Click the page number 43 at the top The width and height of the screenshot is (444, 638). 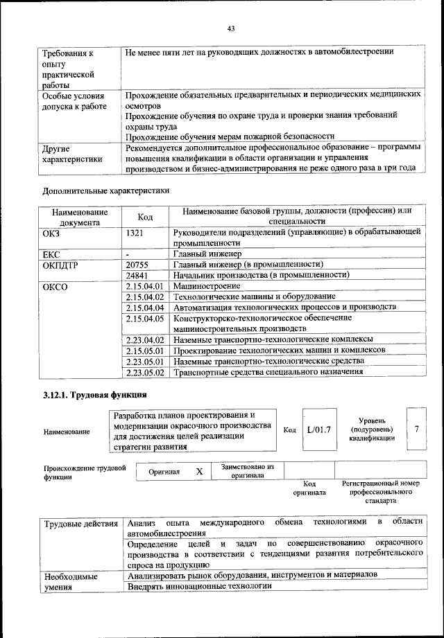tap(232, 28)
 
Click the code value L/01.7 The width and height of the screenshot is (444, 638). tap(319, 430)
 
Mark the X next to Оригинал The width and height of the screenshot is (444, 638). tap(199, 471)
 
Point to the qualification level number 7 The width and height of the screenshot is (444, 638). tap(416, 429)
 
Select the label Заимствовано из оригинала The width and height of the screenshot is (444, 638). tap(248, 472)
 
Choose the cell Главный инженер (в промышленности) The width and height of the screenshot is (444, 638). tap(247, 264)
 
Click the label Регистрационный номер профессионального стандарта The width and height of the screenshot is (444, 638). tap(381, 491)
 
